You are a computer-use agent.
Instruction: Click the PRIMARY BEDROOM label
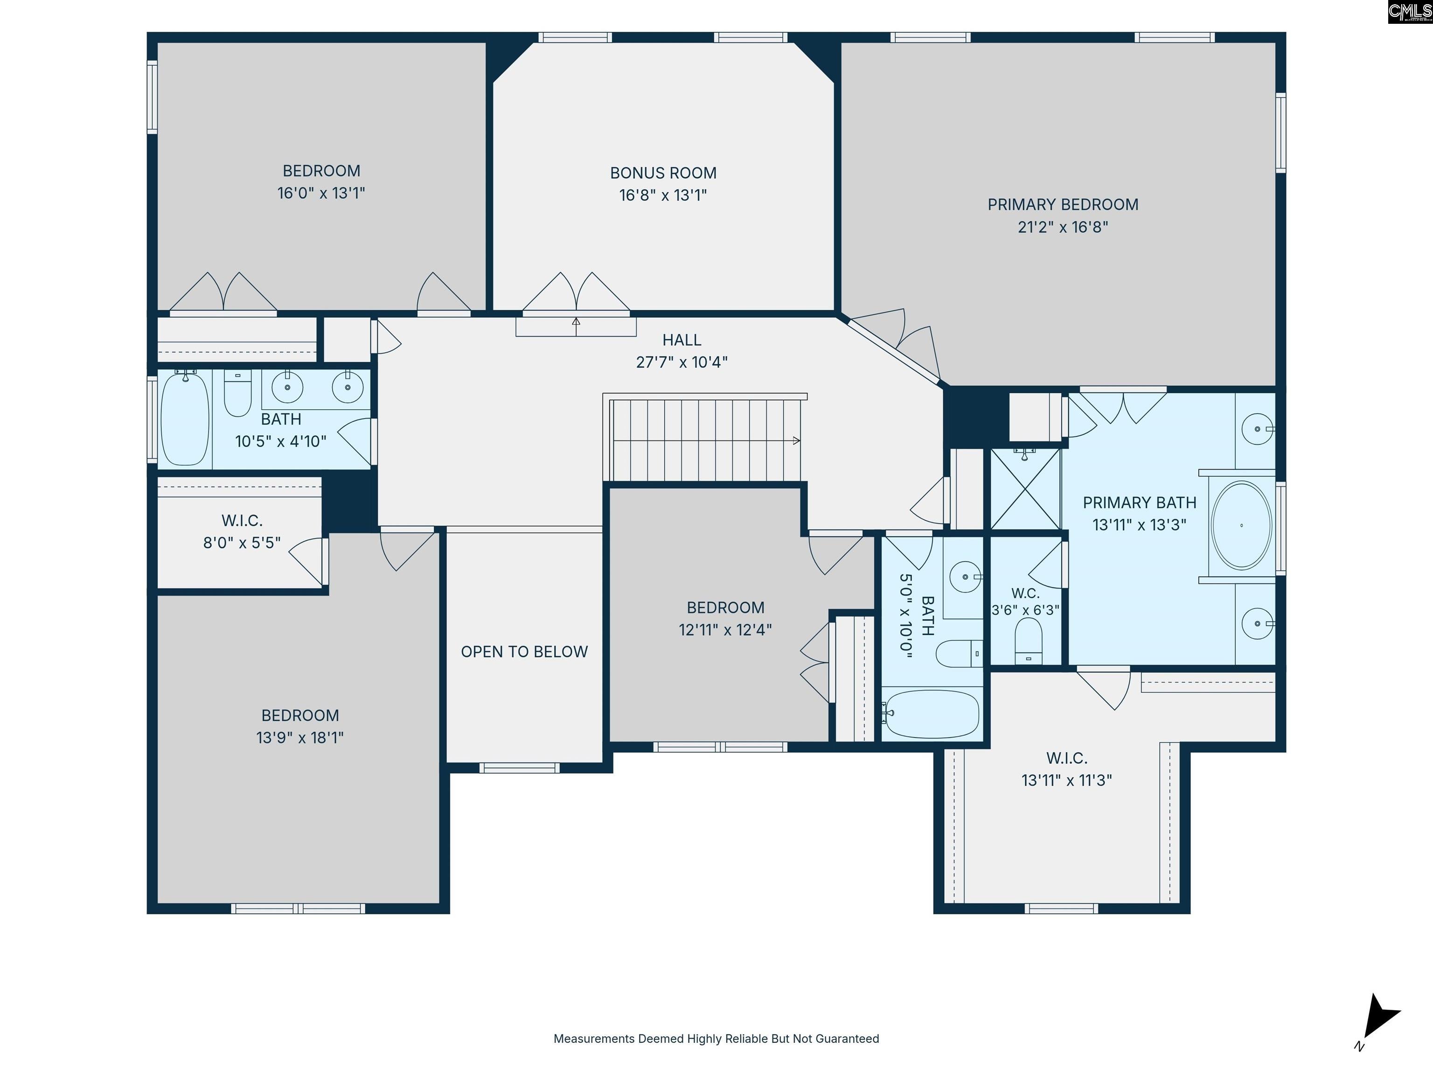coord(1063,205)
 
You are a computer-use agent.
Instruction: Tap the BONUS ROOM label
coord(663,173)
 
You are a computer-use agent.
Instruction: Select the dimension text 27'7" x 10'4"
coord(682,362)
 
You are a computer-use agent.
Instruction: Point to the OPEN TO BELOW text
coord(524,651)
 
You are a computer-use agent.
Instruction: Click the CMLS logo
coord(1410,12)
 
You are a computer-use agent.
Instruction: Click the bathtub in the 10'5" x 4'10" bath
coord(185,419)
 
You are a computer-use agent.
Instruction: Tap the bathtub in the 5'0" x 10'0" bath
coord(931,713)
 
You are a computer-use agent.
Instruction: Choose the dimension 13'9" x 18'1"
coord(300,737)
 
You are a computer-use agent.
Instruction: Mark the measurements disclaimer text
coord(716,1039)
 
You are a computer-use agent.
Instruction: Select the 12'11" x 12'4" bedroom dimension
coord(725,630)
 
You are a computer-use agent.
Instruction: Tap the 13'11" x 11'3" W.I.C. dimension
coord(1066,780)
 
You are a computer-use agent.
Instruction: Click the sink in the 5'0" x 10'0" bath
coord(965,577)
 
